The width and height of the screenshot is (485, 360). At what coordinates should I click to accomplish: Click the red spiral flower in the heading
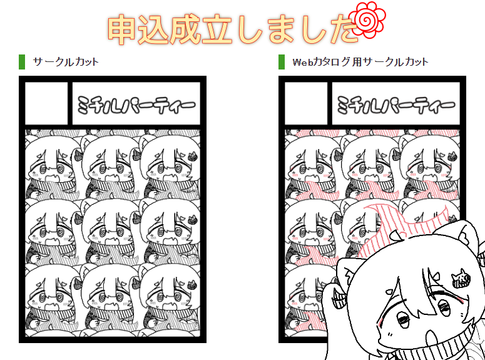367,20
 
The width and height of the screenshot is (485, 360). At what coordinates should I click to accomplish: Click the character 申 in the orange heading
121,29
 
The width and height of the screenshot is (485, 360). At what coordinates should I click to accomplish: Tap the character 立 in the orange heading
217,29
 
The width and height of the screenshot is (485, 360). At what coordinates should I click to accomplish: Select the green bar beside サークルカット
22,62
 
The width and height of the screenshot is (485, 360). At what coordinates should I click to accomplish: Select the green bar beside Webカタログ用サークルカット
282,62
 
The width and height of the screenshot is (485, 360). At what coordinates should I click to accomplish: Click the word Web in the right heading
302,62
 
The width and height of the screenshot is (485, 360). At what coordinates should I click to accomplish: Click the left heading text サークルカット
66,62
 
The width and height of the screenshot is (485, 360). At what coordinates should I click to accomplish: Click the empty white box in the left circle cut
46,103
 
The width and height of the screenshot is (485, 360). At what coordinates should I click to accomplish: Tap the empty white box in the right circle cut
305,103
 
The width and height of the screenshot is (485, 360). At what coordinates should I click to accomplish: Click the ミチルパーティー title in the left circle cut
136,105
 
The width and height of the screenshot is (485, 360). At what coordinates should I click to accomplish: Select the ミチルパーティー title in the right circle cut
396,105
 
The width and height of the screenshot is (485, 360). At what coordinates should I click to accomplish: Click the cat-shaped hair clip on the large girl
461,277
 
